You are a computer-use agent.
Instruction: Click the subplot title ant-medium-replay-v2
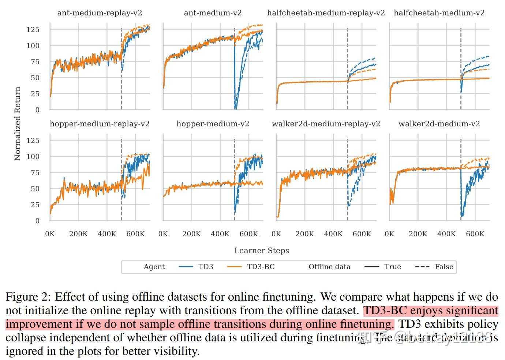coord(100,13)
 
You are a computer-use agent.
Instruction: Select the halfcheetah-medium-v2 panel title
coord(439,13)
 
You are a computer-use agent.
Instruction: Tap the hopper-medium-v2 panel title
coord(213,124)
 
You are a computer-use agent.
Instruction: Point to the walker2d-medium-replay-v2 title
coord(326,124)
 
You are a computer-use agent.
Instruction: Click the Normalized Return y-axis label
coord(17,123)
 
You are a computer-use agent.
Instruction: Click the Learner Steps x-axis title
coord(262,250)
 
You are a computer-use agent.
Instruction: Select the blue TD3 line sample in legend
coord(186,267)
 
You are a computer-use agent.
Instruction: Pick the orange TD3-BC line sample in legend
coord(234,267)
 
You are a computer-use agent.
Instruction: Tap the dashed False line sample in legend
coord(422,267)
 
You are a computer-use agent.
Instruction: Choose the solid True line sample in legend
coord(372,267)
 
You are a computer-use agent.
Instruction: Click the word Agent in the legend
coord(154,267)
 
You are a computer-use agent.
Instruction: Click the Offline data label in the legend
coord(329,267)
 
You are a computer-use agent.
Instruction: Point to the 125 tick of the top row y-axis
coord(33,30)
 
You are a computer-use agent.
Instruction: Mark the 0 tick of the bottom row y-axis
coord(37,221)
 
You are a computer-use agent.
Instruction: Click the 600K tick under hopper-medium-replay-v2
coord(135,234)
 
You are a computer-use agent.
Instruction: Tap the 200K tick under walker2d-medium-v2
coord(418,234)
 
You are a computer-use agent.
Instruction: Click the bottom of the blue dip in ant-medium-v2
coord(235,108)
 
